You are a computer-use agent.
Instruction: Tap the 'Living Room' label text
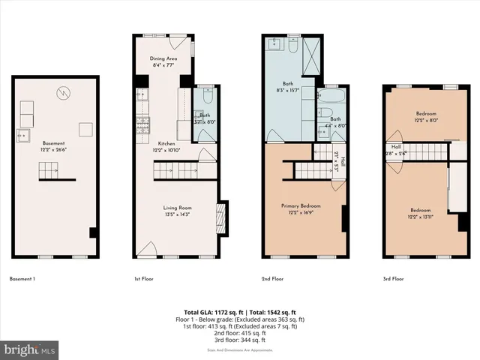178,207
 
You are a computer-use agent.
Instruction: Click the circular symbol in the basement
65,93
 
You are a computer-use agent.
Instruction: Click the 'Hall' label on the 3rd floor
396,146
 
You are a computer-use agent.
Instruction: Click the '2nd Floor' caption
271,278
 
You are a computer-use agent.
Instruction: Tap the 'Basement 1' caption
22,278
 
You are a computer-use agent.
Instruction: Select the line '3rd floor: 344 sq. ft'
240,341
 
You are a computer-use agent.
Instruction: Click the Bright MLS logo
30,349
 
